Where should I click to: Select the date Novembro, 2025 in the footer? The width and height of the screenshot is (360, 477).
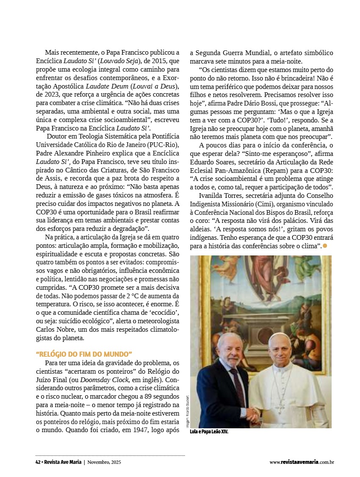coord(104,462)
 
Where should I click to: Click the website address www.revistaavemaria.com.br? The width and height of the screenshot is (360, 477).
coord(302,462)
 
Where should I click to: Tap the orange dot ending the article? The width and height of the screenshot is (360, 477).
coord(325,246)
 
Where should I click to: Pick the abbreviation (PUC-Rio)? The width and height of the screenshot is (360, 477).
coord(166,144)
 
